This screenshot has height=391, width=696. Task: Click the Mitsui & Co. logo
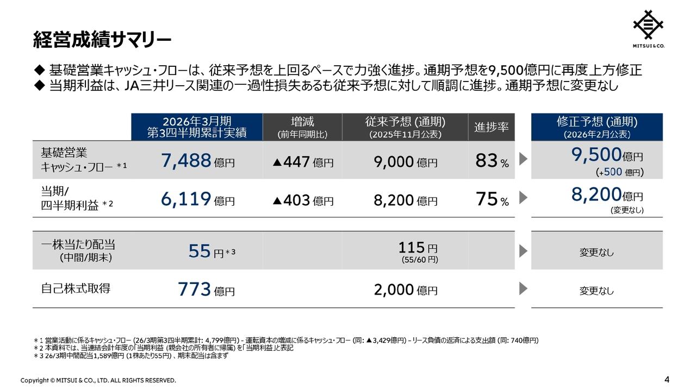click(x=648, y=29)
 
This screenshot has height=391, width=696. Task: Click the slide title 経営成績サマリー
click(x=102, y=39)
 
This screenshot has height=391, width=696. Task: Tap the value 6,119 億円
click(x=197, y=199)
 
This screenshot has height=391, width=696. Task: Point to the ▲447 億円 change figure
click(x=303, y=161)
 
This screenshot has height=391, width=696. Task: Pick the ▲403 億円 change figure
click(x=303, y=200)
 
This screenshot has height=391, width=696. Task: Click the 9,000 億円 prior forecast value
click(x=405, y=161)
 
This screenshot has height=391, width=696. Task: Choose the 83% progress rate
click(x=492, y=161)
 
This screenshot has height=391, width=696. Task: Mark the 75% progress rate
click(x=492, y=200)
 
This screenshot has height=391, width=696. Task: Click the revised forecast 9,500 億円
click(x=606, y=156)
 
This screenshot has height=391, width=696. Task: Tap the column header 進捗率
click(x=492, y=127)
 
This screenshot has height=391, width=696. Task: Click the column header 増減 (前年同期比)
click(x=302, y=127)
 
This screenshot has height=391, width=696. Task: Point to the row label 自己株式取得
click(x=76, y=288)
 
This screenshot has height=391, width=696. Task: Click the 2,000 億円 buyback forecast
click(x=405, y=290)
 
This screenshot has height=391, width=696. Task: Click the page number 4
click(x=667, y=379)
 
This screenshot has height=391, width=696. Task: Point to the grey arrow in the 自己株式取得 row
click(x=523, y=289)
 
